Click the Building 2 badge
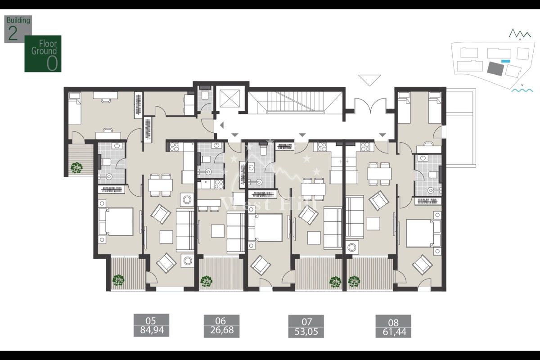click(18, 29)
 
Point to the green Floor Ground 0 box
click(43, 54)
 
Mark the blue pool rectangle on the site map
click(506, 61)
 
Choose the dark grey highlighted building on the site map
click(495, 68)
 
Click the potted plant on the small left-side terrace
click(76, 167)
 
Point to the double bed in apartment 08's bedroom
click(422, 233)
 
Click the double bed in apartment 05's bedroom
click(116, 221)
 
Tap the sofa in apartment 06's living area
click(235, 232)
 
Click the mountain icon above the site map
click(519, 33)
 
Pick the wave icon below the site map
click(522, 90)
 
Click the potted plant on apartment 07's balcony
click(335, 282)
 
